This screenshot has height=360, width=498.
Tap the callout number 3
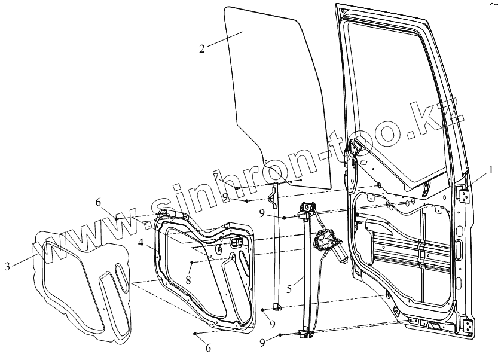click(7, 267)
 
